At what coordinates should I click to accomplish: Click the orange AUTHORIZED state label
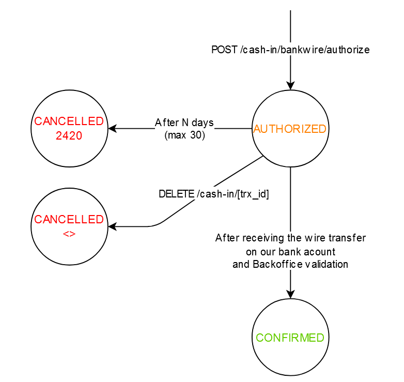point(290,129)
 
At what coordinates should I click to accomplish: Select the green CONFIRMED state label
point(290,338)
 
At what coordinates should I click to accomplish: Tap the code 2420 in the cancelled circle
point(69,136)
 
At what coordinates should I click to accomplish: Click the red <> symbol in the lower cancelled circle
point(69,233)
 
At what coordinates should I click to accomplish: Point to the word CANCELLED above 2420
point(69,121)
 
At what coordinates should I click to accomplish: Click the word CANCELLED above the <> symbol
point(69,219)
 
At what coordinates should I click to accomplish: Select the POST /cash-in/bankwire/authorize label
point(290,50)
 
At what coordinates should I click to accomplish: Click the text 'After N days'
point(184,123)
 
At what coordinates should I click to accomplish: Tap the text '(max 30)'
point(184,135)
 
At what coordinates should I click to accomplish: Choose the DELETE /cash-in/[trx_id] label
point(214,194)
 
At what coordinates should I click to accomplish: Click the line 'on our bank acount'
point(290,252)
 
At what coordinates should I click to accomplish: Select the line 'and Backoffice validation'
point(290,264)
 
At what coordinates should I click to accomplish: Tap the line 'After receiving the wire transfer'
point(290,238)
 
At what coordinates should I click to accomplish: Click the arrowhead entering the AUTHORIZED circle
point(290,86)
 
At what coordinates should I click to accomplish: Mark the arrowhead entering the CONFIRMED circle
point(290,294)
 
